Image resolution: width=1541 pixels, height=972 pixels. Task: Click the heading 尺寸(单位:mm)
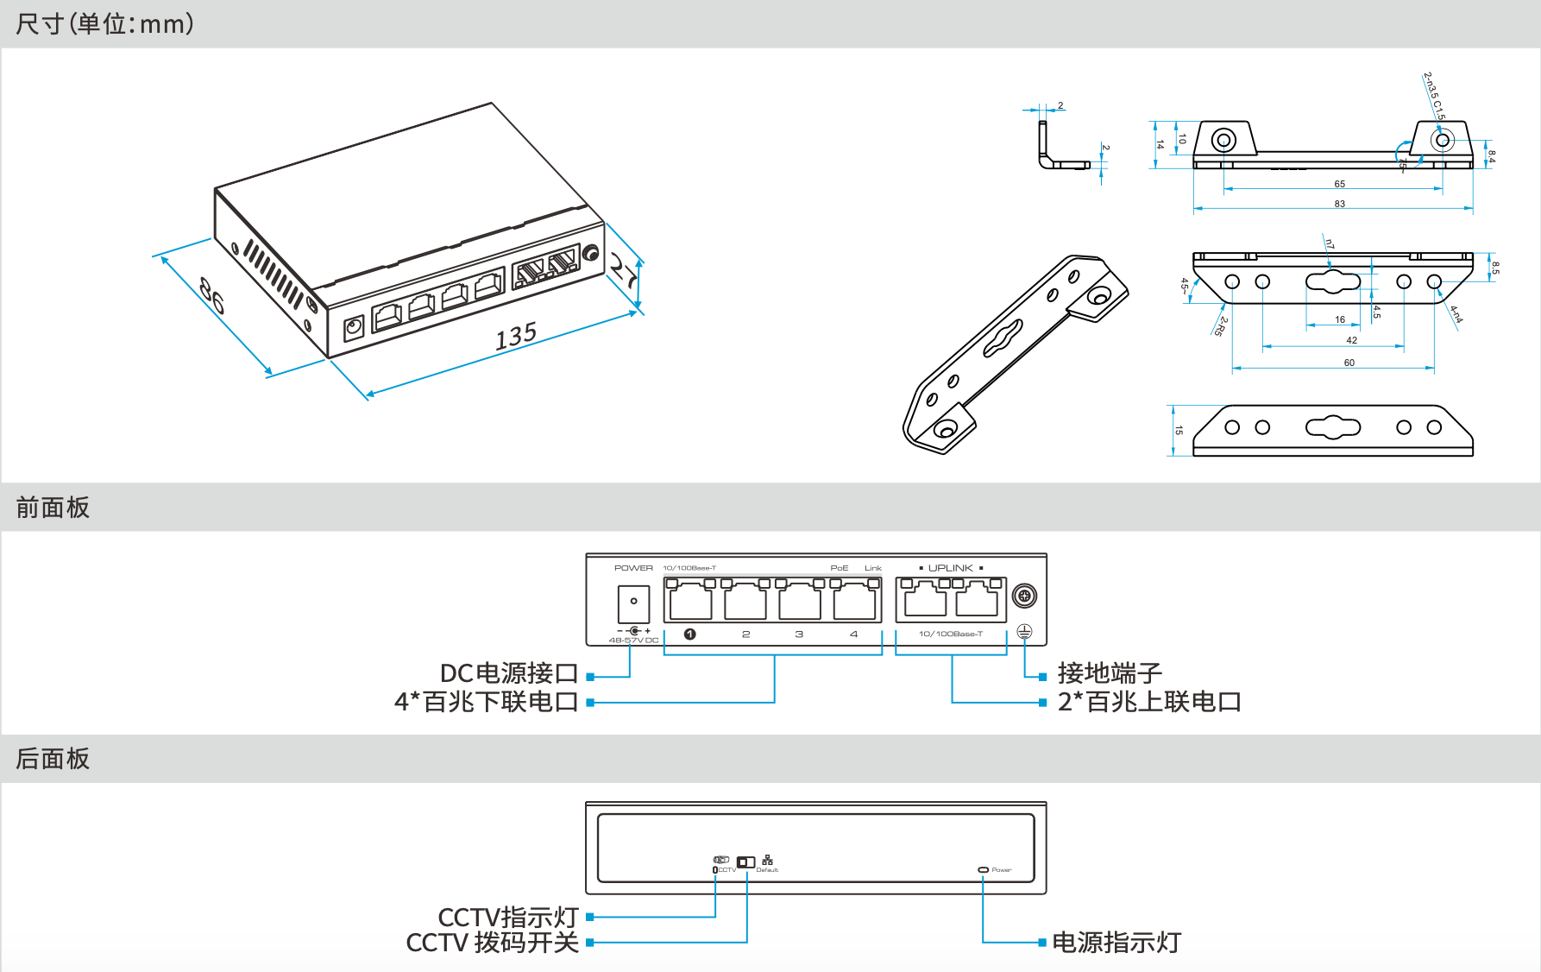(x=104, y=23)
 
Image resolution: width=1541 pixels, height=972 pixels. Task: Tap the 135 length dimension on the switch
(x=516, y=335)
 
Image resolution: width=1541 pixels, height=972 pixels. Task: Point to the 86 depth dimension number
(x=212, y=294)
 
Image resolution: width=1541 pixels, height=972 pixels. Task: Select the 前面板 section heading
(x=53, y=508)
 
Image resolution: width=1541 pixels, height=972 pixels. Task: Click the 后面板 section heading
(x=53, y=759)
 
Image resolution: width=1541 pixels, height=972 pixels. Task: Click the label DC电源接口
(x=508, y=673)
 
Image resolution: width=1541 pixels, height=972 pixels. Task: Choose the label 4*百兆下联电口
(x=486, y=702)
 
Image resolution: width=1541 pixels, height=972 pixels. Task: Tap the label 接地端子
(x=1110, y=673)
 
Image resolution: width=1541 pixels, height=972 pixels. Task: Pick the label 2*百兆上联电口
(x=1149, y=702)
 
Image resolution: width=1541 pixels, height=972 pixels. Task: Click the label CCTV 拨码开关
(x=492, y=943)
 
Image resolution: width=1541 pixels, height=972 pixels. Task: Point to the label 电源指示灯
(x=1116, y=943)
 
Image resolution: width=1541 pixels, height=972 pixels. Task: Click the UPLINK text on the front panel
(x=950, y=568)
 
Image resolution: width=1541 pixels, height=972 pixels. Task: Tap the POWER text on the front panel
(x=633, y=568)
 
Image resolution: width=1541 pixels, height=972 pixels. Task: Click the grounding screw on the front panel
(x=1024, y=596)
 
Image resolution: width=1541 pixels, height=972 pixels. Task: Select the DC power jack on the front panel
(x=633, y=603)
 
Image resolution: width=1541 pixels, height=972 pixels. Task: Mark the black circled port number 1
(x=689, y=634)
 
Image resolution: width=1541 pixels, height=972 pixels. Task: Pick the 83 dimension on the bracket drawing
(x=1339, y=204)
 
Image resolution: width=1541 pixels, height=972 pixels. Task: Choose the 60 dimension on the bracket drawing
(x=1349, y=363)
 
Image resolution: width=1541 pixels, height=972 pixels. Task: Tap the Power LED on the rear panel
(x=983, y=869)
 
